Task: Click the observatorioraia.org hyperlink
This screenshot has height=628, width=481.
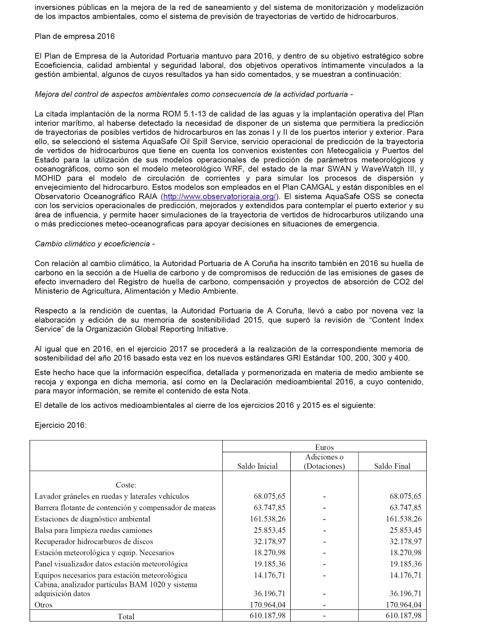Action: click(x=219, y=197)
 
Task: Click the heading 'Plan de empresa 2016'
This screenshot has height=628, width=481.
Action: click(x=74, y=36)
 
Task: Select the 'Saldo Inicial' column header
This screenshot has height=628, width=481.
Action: click(x=257, y=466)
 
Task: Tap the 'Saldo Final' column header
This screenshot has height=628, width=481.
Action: click(x=392, y=466)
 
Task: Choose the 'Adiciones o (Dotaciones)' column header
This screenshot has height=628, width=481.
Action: click(x=324, y=461)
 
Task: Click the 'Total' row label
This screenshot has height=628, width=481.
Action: click(x=126, y=616)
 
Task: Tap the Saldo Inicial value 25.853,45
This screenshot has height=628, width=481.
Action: click(x=269, y=530)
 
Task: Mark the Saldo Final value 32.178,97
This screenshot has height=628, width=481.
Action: click(x=405, y=542)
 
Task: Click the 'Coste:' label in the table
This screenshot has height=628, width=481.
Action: click(x=126, y=485)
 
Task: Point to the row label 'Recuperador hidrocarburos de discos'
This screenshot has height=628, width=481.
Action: click(x=94, y=542)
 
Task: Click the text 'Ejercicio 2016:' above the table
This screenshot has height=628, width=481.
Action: click(x=61, y=425)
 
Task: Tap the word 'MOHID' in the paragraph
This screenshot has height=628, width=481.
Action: click(x=48, y=178)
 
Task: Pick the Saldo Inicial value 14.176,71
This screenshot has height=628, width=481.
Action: click(x=269, y=575)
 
